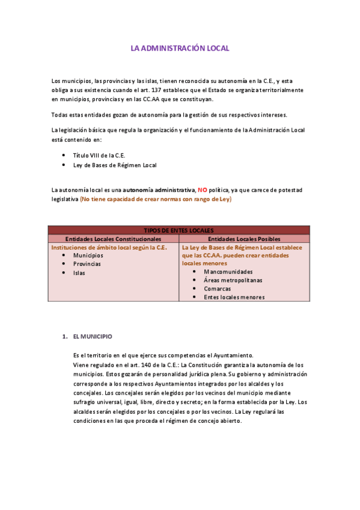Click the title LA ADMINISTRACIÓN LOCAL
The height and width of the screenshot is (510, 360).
(x=180, y=48)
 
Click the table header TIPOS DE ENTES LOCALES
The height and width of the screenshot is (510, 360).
(x=178, y=230)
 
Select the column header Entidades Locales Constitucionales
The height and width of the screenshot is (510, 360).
(x=113, y=239)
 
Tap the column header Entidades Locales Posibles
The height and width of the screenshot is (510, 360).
(x=243, y=239)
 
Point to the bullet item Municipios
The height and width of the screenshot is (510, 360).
(x=88, y=255)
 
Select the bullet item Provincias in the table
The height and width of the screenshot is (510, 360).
(x=87, y=263)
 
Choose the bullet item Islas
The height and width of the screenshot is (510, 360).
(x=79, y=272)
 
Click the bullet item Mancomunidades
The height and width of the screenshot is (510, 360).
(x=228, y=271)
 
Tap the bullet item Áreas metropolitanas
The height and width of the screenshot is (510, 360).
(x=233, y=280)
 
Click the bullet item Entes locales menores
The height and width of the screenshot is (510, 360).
(x=234, y=296)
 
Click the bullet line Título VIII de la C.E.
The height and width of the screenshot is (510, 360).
(x=99, y=155)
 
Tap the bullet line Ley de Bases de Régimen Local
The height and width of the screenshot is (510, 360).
(x=115, y=165)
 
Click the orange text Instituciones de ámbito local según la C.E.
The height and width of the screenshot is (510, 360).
(x=109, y=247)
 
